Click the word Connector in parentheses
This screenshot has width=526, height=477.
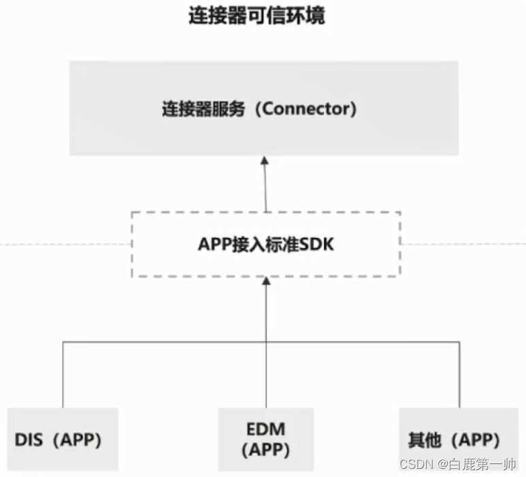tap(309, 109)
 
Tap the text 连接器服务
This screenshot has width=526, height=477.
tap(203, 109)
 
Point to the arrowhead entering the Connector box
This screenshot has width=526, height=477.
tap(265, 161)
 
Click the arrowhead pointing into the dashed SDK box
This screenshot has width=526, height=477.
tap(266, 282)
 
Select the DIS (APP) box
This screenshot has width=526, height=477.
tap(63, 440)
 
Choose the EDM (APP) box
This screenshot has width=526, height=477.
tap(265, 440)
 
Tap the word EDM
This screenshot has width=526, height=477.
tap(266, 429)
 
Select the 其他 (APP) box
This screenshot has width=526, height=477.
tap(459, 440)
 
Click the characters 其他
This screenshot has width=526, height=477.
tap(424, 440)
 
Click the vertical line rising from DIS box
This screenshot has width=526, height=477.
tap(63, 374)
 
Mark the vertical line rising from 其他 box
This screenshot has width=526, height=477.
tap(459, 374)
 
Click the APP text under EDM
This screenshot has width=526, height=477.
tap(266, 450)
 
